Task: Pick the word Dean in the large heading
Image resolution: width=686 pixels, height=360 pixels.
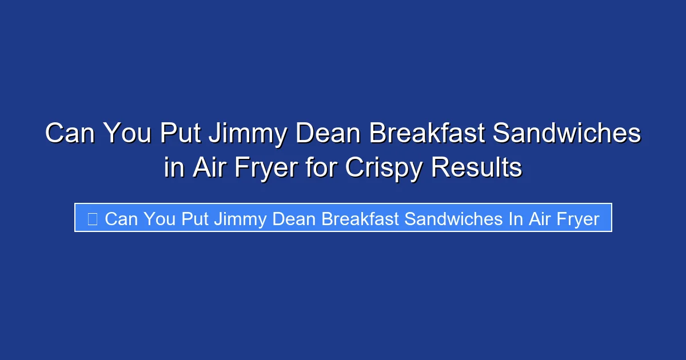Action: pyautogui.click(x=333, y=134)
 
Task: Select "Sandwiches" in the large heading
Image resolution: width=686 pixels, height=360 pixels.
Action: pyautogui.click(x=567, y=134)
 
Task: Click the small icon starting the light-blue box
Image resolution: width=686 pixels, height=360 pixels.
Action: pyautogui.click(x=92, y=218)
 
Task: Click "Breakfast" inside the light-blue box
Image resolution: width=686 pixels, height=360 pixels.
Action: pyautogui.click(x=360, y=218)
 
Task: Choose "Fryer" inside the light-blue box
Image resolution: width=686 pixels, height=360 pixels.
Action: pyautogui.click(x=576, y=218)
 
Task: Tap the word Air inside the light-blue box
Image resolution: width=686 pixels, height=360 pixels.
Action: pyautogui.click(x=539, y=218)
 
